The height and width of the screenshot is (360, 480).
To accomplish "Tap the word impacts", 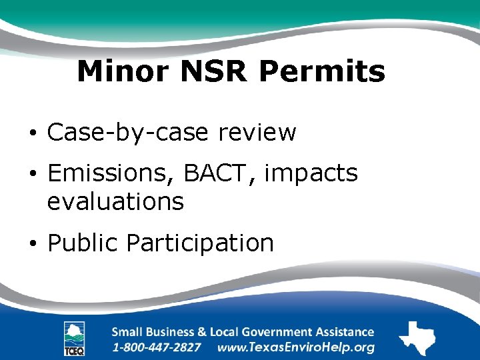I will pyautogui.click(x=311, y=175).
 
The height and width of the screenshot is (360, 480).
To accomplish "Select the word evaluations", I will pyautogui.click(x=115, y=201).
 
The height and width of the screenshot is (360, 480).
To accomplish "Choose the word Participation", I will pyautogui.click(x=200, y=243).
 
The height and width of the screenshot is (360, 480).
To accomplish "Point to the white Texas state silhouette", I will pyautogui.click(x=417, y=337).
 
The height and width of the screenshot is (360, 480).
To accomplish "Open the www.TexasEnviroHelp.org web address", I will pyautogui.click(x=296, y=347).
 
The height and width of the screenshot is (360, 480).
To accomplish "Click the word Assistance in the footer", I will pyautogui.click(x=341, y=331).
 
